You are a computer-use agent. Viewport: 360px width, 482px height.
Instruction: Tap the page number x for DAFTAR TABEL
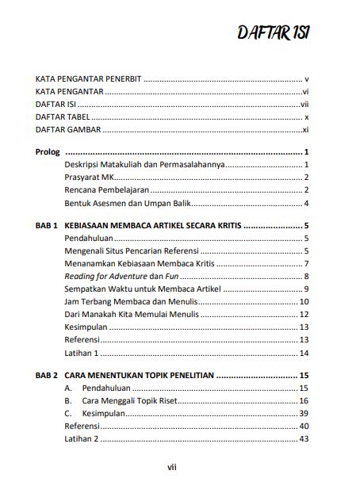point(305,117)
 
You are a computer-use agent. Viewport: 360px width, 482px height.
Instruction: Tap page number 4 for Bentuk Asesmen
point(305,204)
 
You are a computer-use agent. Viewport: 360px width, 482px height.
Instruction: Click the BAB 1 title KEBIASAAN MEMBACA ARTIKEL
point(153,226)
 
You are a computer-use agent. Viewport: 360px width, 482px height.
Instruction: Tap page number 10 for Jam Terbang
point(303,302)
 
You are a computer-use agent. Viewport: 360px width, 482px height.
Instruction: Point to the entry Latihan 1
point(82,353)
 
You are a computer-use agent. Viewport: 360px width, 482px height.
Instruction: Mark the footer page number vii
point(180,467)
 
